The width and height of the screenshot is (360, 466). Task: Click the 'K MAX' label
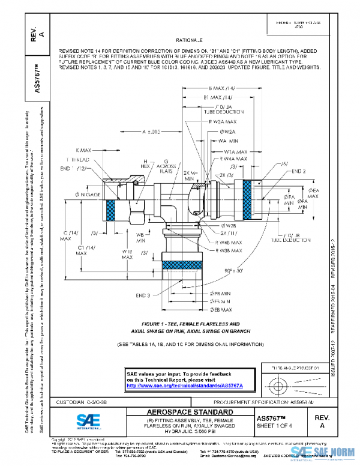point(86,150)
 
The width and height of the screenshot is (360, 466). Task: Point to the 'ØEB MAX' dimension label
point(221,309)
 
